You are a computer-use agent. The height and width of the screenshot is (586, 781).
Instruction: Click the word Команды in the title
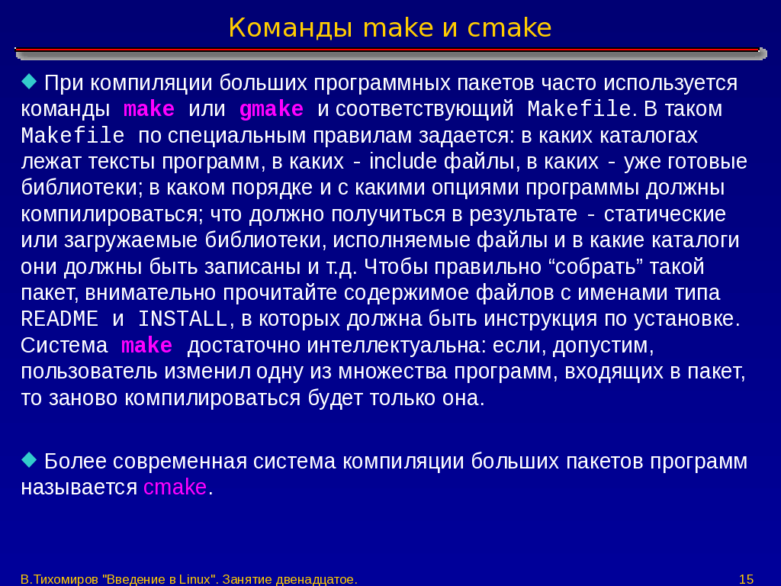coord(291,28)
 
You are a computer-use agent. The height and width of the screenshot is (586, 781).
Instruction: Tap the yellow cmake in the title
coord(509,28)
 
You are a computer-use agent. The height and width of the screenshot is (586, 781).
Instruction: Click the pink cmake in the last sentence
coord(175,487)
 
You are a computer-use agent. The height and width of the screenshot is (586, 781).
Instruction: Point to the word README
coord(59,319)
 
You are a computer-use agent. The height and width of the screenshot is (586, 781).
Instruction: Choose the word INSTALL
coord(183,319)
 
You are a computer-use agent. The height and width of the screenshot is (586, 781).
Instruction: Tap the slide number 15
coord(746,579)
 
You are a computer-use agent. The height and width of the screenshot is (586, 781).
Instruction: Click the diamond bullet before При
coord(30,80)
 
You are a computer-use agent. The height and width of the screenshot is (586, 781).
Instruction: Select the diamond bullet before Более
coord(30,459)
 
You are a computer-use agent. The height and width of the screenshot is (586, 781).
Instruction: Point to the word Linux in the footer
coord(194,579)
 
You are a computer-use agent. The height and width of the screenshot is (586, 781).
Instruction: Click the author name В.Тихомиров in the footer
coord(59,579)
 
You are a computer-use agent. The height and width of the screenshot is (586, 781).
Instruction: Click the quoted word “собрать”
coord(595,266)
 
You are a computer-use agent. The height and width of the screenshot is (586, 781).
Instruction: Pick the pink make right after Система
coord(147,346)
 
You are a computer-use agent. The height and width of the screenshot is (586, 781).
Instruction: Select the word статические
coord(665,214)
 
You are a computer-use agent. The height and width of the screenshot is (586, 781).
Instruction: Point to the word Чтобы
coord(396,266)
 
